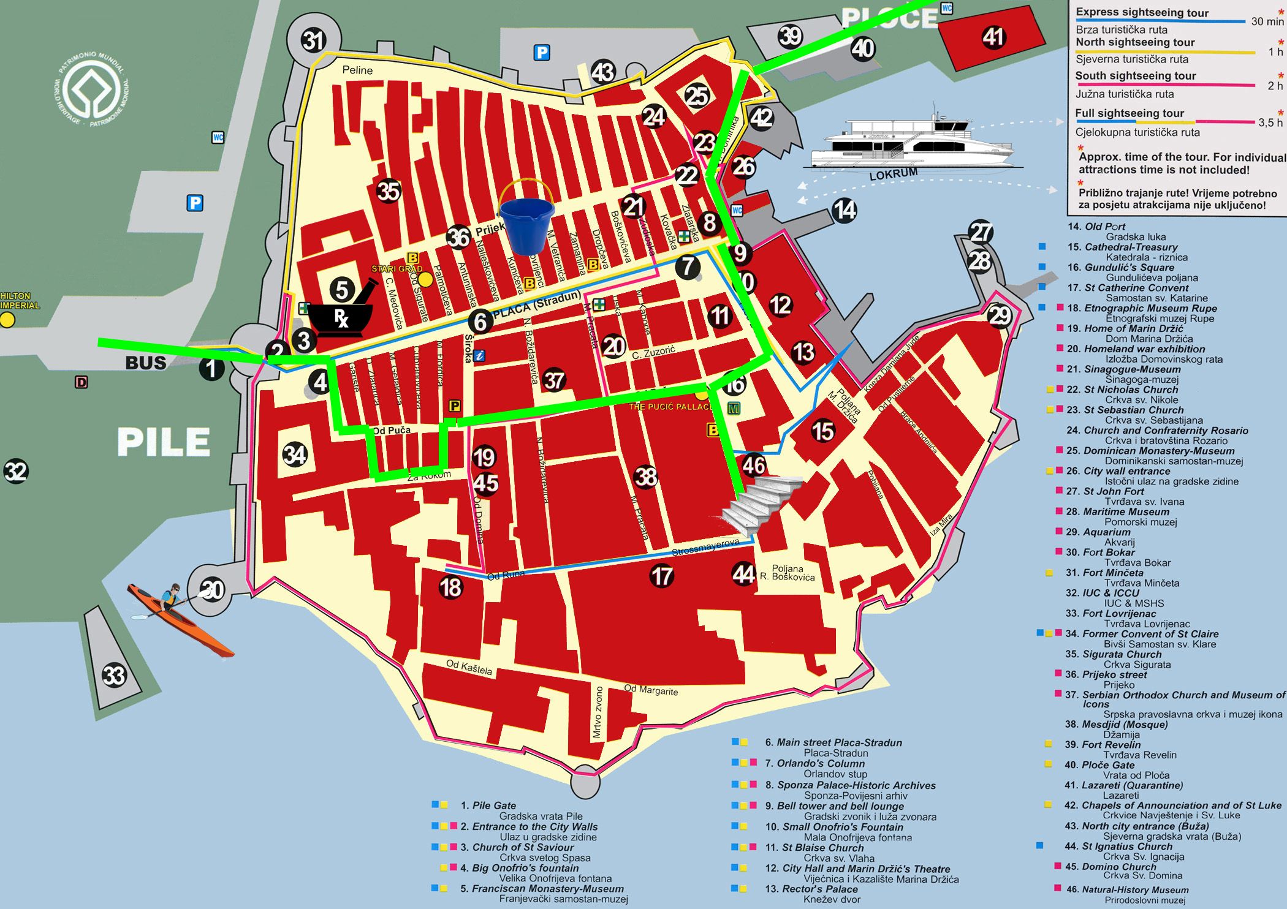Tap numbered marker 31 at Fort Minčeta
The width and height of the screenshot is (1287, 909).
313,41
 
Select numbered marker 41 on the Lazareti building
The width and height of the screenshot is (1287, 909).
993,37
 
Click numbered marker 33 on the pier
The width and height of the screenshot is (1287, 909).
114,675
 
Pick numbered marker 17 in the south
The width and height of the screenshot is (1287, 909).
662,576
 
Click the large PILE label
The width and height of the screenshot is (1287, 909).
164,442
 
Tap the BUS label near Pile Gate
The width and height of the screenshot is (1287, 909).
145,363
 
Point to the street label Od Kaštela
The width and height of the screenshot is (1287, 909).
469,667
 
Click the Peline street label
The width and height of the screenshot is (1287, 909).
357,70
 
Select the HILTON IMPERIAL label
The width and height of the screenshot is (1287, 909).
20,301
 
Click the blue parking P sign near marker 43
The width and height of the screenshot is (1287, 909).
541,53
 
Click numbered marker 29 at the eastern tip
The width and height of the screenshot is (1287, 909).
999,315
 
